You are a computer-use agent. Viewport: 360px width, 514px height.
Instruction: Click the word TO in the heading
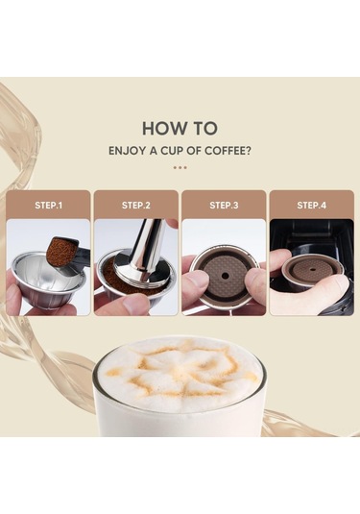click(x=206, y=128)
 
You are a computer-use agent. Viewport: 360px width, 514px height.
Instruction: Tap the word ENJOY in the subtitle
click(x=127, y=151)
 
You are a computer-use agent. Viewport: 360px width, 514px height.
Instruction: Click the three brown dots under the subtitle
click(x=180, y=167)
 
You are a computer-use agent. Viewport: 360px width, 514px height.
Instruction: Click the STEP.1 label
click(x=49, y=206)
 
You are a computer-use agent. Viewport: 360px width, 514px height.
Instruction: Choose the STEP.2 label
click(x=136, y=206)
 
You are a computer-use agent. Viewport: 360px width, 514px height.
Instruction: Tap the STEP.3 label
click(x=224, y=206)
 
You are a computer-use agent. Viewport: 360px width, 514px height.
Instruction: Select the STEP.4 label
click(x=311, y=206)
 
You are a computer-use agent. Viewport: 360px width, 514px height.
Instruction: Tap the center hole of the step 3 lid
click(x=224, y=277)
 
